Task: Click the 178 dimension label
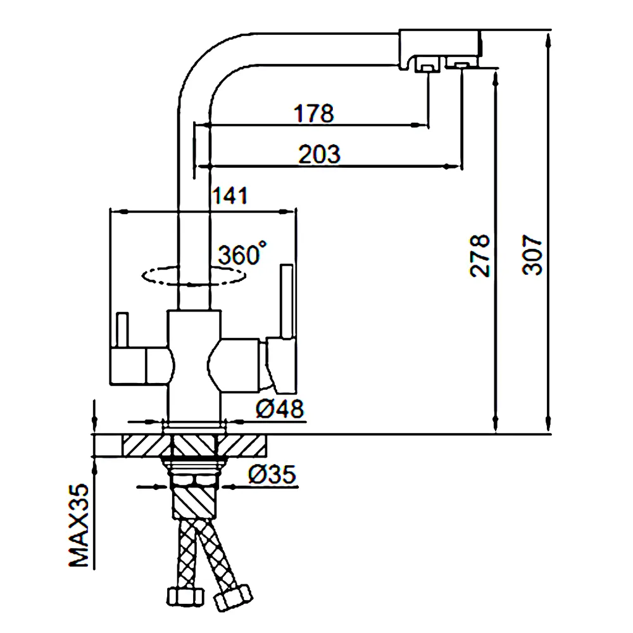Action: [314, 113]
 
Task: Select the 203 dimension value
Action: [319, 154]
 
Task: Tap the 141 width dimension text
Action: [230, 196]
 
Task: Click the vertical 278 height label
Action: [480, 256]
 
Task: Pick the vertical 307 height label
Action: [532, 254]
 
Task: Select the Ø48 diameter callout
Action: [280, 409]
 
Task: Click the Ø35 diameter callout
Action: [272, 474]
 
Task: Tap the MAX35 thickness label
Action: [78, 525]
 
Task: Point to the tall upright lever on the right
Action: [287, 301]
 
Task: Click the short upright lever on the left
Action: [122, 330]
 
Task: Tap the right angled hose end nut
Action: [232, 597]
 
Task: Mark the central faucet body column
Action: [194, 366]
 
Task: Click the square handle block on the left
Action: [128, 366]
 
